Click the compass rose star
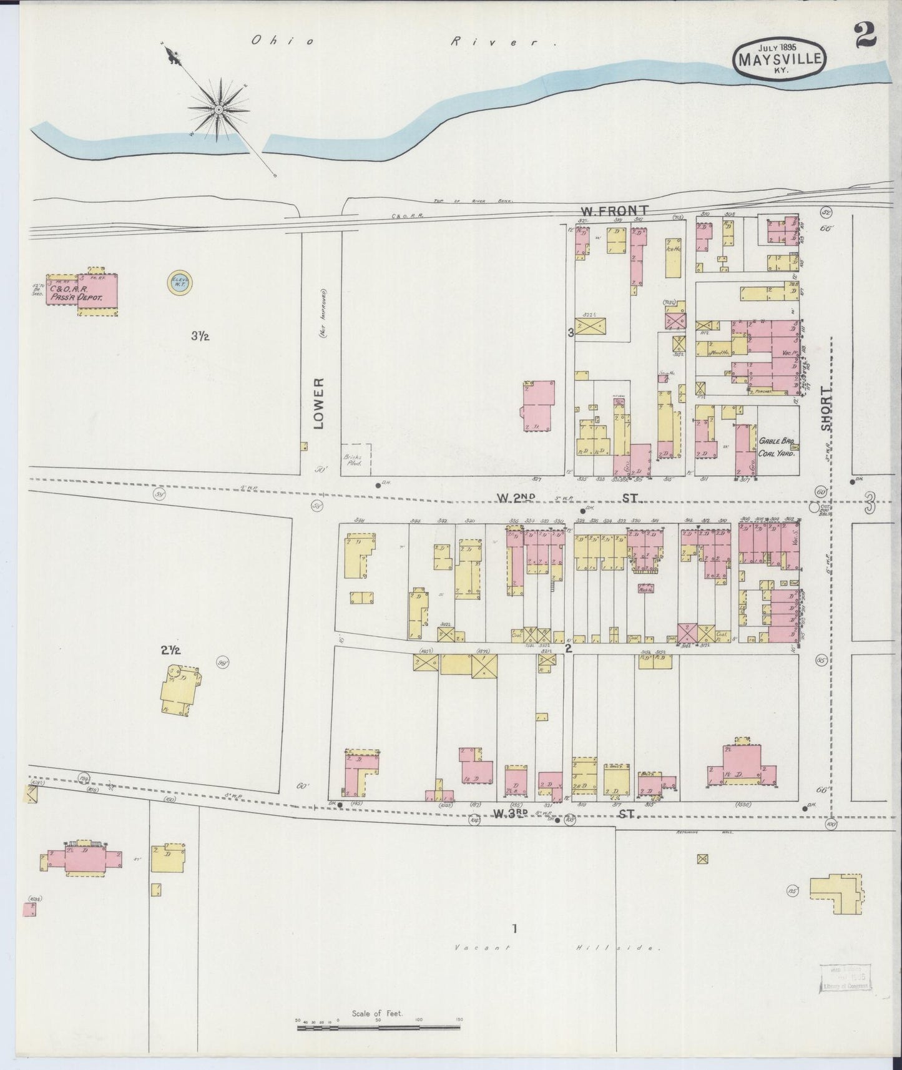[220, 110]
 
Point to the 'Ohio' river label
[282, 41]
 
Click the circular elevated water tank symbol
[180, 283]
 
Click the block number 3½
[200, 336]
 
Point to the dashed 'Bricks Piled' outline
[356, 459]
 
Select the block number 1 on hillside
[514, 928]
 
